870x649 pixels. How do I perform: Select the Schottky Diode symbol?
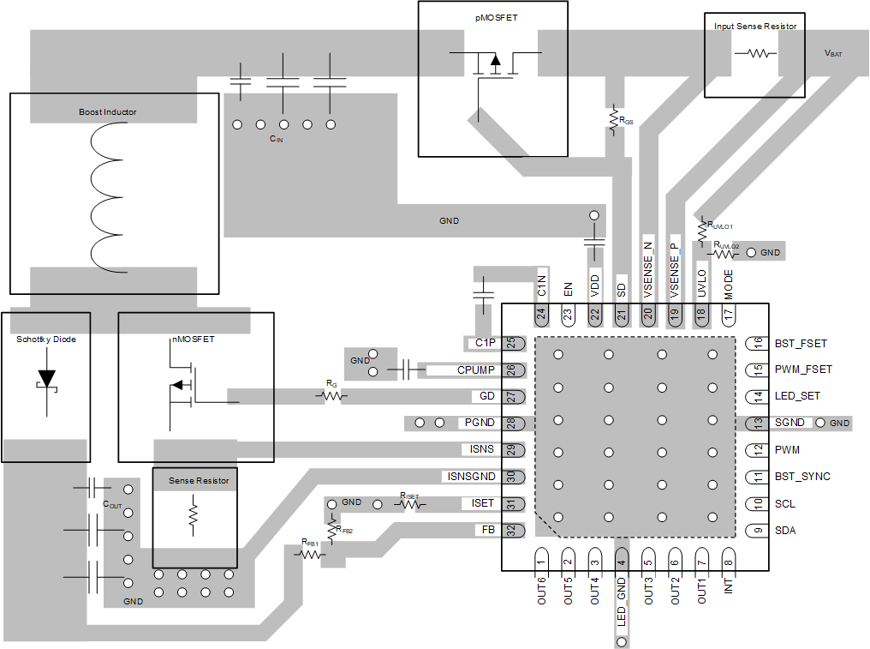46,379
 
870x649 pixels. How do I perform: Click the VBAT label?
832,53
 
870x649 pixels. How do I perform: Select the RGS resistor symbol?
613,118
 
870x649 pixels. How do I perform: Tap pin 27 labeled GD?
512,397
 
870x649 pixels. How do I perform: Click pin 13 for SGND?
758,423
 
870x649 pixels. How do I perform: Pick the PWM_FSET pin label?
803,370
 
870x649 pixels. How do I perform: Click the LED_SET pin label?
797,396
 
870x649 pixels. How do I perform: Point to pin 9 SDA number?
758,530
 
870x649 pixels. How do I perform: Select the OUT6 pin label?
541,592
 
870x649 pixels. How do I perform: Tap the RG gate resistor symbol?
331,396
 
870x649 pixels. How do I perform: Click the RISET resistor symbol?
410,504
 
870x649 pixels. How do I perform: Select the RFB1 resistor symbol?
310,554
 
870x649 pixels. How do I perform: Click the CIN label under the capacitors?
274,138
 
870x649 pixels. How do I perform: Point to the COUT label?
112,504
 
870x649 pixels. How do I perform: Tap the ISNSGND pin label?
471,476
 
